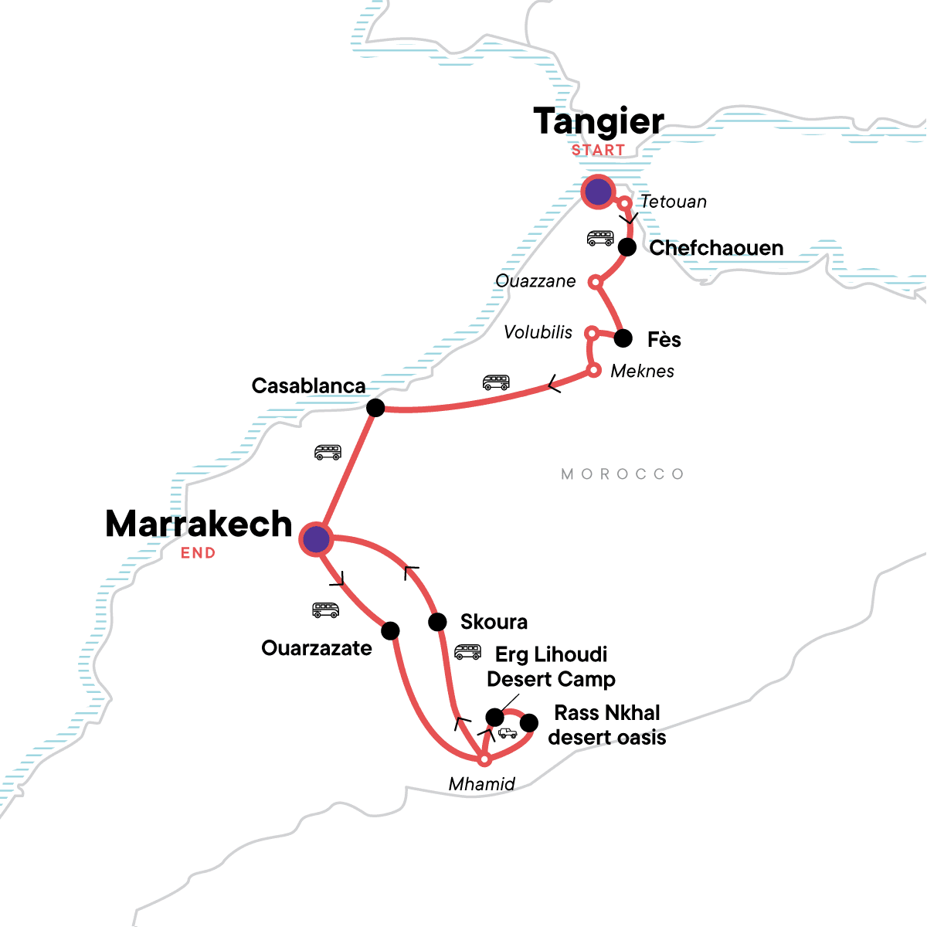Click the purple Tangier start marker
click(598, 192)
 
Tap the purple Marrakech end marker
click(315, 539)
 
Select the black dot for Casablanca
click(375, 408)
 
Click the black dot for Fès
click(623, 338)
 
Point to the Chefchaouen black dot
click(627, 247)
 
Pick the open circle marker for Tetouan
click(626, 203)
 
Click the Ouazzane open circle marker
click(595, 282)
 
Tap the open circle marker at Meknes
click(593, 370)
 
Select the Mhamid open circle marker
click(484, 760)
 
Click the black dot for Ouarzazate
click(391, 631)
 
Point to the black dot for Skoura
click(437, 622)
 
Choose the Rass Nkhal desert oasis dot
click(529, 723)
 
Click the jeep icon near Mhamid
click(508, 732)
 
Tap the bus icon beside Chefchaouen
click(600, 238)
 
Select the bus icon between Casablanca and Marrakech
click(328, 452)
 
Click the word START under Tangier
click(598, 151)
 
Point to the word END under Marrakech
click(198, 553)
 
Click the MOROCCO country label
click(623, 474)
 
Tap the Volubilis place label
click(538, 333)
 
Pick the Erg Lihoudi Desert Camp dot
click(494, 718)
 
